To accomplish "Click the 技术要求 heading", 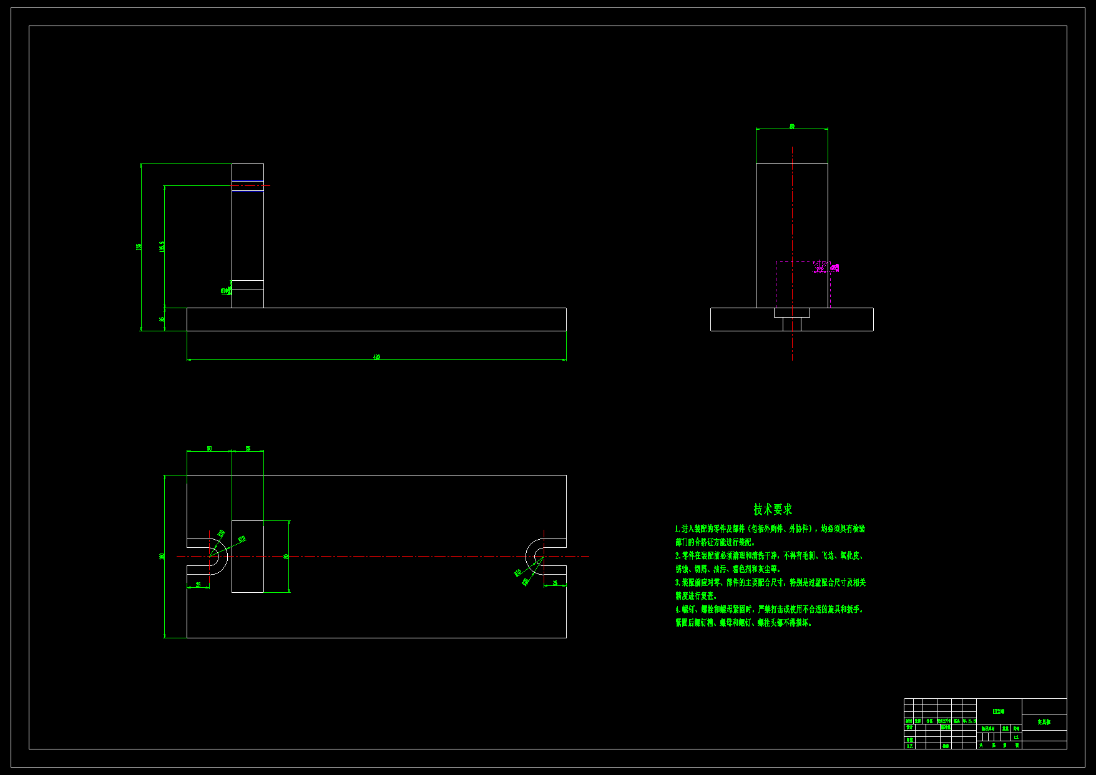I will pos(773,509).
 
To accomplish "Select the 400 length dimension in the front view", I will pos(376,357).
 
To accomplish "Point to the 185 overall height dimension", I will pos(139,246).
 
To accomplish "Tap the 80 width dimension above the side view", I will pos(792,126).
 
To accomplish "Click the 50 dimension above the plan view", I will pos(209,448).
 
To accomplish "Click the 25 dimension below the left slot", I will pos(198,585).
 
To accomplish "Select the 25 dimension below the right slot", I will pos(555,583).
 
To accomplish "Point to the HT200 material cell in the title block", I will pos(999,711).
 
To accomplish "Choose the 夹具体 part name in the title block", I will pos(1044,722).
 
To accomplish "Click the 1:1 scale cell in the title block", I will pos(1016,737).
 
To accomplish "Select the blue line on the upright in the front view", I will pos(248,190).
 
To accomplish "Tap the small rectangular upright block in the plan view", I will pos(248,556).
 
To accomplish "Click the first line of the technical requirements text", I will pos(770,529).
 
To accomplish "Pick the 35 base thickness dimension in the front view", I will pos(162,319).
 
